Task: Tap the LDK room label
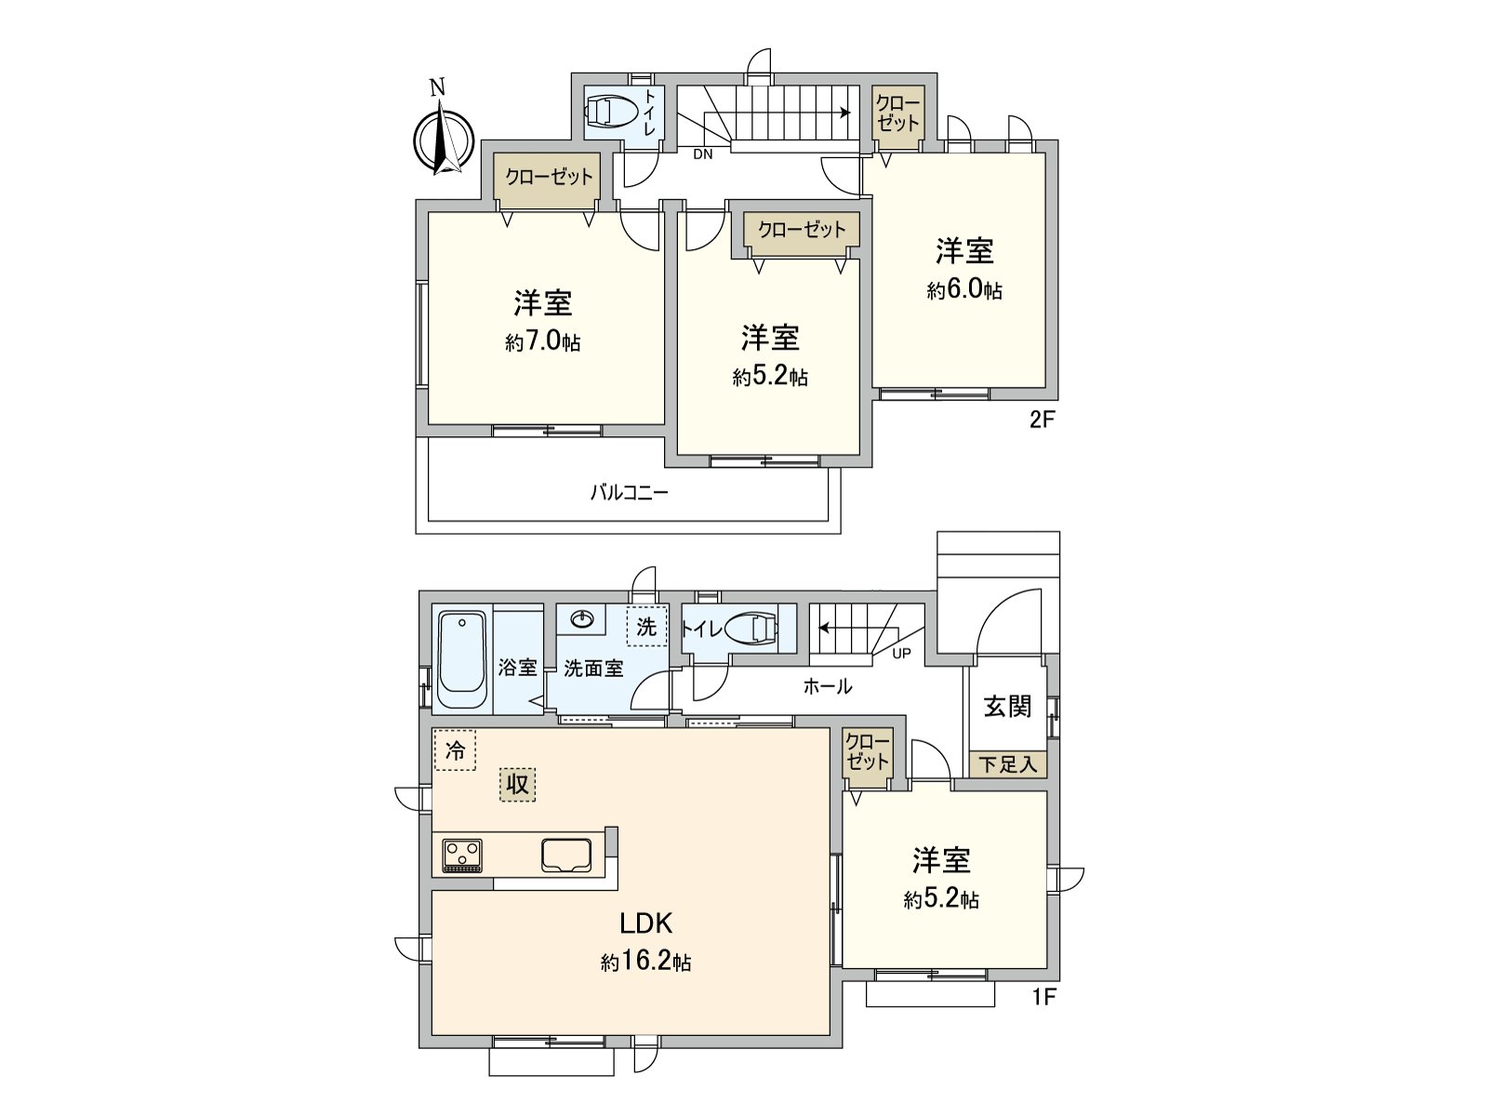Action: tap(646, 923)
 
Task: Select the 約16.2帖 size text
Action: tap(645, 962)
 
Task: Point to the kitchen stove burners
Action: tap(462, 855)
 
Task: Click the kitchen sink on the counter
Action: tap(567, 855)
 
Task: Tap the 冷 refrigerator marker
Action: tap(455, 751)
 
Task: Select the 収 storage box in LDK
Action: tap(517, 784)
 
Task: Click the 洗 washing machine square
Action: tap(646, 627)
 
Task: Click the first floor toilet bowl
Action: tap(754, 630)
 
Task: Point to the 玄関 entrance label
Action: tap(1007, 707)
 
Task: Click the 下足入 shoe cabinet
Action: tap(1008, 764)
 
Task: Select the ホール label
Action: tap(827, 687)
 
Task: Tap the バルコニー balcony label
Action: tap(629, 493)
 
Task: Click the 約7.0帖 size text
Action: tap(543, 342)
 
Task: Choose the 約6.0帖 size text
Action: tap(964, 290)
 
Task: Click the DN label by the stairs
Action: tap(703, 154)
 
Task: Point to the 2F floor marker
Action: tap(1042, 419)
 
